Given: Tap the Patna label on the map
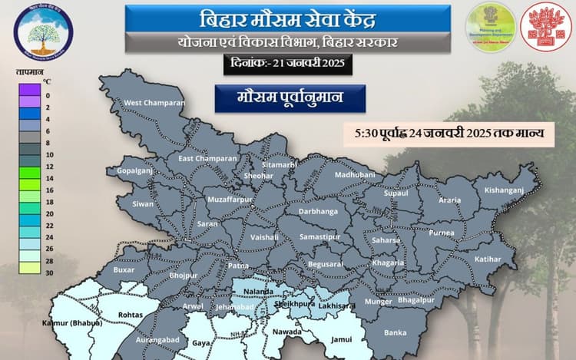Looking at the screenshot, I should [x=237, y=265].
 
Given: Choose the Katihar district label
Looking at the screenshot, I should [x=486, y=259].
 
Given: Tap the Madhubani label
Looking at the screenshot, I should [x=354, y=176].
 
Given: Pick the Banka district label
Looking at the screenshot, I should [x=395, y=332].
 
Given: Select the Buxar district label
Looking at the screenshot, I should [x=124, y=271].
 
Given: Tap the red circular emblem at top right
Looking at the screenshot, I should [x=546, y=27].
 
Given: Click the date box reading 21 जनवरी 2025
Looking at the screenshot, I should [x=289, y=64].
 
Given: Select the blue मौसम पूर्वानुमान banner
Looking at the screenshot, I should [x=290, y=98].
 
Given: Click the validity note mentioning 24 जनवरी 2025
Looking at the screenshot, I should [x=449, y=134].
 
